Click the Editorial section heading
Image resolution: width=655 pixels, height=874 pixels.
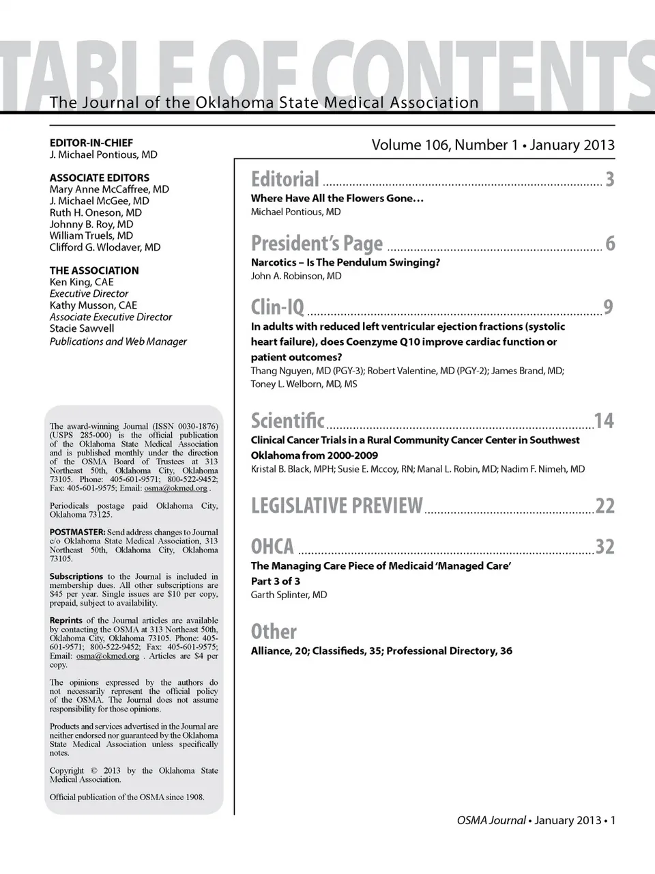(x=285, y=180)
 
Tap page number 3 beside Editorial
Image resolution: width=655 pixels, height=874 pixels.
(x=609, y=180)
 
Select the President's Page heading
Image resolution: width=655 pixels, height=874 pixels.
(x=317, y=244)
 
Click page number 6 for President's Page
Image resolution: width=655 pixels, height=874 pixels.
(x=610, y=244)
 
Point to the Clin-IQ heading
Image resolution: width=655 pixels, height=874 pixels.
(x=278, y=308)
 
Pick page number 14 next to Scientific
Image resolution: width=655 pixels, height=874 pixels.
(x=604, y=421)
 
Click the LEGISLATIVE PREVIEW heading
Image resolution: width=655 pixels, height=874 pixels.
(x=337, y=506)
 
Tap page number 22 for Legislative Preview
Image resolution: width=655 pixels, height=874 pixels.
(x=605, y=506)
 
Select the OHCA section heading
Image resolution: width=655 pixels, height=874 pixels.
(x=272, y=547)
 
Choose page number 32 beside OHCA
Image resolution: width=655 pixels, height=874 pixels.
(x=605, y=547)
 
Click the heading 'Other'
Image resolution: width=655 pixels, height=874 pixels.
(x=274, y=632)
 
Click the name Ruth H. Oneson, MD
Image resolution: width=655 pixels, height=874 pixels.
(x=96, y=212)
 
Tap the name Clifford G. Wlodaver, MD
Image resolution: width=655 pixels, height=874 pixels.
(x=105, y=247)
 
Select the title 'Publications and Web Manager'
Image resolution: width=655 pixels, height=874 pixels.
(x=118, y=341)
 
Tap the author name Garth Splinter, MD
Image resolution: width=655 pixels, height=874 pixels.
(x=289, y=595)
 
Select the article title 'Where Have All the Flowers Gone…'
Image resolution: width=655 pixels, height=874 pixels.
(x=337, y=198)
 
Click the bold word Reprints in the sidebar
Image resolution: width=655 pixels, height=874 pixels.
(x=66, y=620)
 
